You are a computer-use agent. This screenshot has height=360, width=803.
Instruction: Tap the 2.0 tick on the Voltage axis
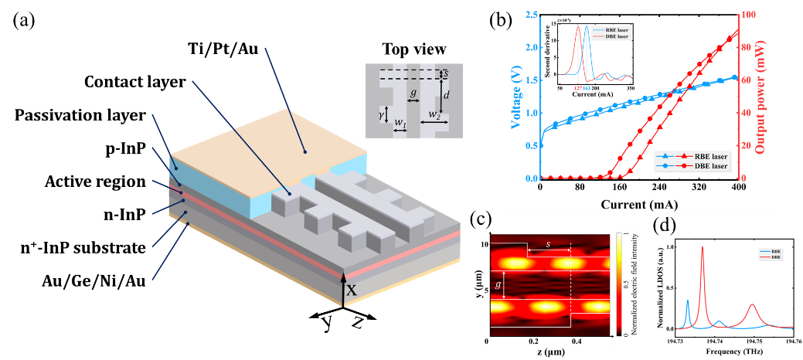coord(527,48)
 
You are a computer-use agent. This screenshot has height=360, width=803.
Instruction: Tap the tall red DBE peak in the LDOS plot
coord(702,248)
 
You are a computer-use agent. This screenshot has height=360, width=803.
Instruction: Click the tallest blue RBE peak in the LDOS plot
coord(688,301)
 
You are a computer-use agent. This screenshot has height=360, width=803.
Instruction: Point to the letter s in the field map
coord(548,243)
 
